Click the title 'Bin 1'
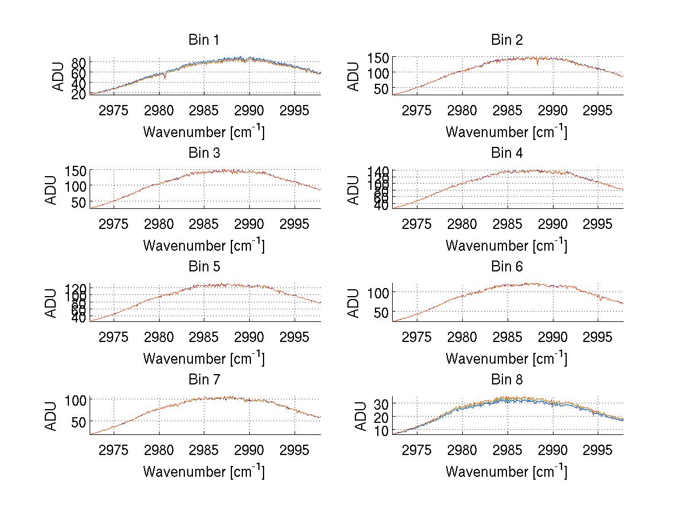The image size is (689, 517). tap(204, 40)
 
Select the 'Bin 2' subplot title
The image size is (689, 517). tap(506, 40)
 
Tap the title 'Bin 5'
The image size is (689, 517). tap(204, 267)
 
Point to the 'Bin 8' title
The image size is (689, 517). tap(506, 380)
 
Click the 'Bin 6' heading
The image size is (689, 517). tap(506, 267)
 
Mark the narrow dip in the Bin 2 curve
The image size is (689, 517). tap(537, 64)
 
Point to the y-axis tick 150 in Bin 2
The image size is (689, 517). tap(378, 57)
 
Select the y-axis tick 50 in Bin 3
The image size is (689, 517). tap(79, 202)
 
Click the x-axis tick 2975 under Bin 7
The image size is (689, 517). tap(114, 449)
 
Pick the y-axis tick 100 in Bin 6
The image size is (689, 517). tap(378, 293)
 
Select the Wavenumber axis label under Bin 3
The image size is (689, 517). tap(204, 245)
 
